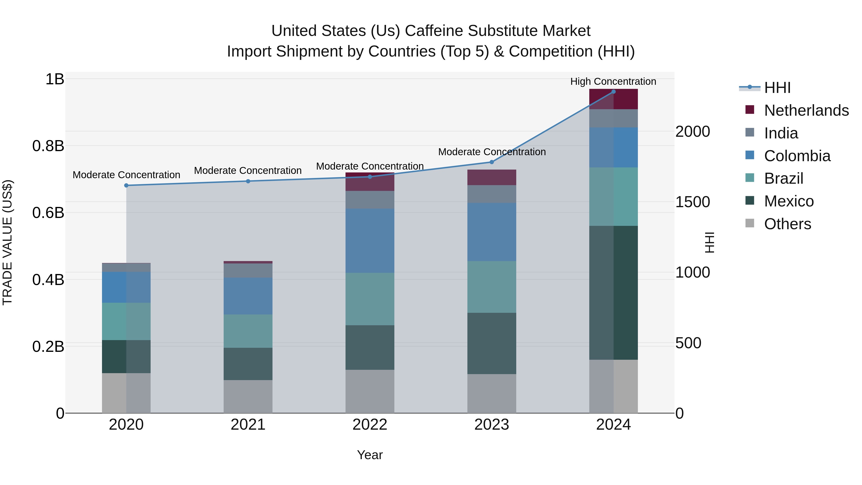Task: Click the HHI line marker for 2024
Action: pos(613,92)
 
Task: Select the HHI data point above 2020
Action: pos(126,185)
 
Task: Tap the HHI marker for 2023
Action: pos(492,162)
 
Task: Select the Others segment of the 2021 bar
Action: pos(248,396)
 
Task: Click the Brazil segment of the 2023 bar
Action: pos(492,287)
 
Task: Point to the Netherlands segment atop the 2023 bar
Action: pos(492,177)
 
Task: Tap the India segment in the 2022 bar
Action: pos(370,200)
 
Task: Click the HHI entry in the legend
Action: pos(777,88)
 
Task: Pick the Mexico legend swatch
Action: pos(750,201)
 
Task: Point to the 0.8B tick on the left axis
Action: pos(48,146)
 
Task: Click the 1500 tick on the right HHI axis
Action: pos(692,202)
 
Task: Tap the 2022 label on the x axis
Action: pos(370,425)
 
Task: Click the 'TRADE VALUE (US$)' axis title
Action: pos(7,242)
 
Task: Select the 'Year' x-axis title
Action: pos(370,455)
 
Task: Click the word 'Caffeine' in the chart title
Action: pos(434,31)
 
